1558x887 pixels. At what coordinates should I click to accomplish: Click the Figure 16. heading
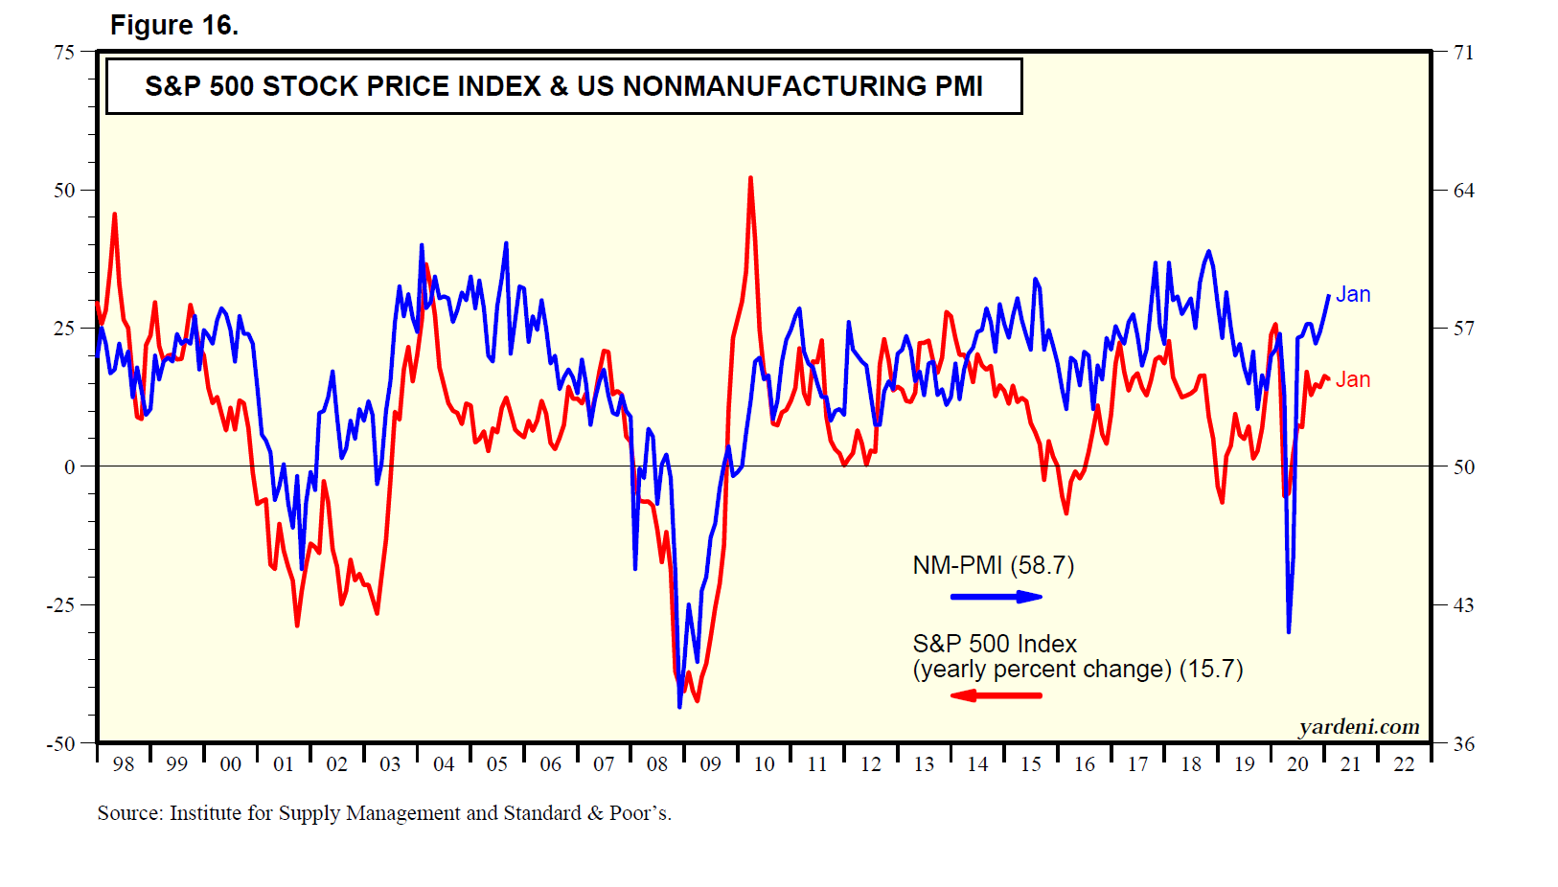[x=173, y=25]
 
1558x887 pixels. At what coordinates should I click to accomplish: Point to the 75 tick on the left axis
[x=64, y=53]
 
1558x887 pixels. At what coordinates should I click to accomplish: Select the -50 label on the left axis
[x=60, y=743]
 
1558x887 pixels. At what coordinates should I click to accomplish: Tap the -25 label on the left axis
[x=60, y=605]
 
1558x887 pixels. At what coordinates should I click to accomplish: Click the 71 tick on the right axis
[x=1463, y=53]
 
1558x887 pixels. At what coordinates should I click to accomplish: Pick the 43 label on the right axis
[x=1463, y=605]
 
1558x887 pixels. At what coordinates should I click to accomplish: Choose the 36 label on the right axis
[x=1463, y=743]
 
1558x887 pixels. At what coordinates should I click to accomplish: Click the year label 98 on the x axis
[x=124, y=764]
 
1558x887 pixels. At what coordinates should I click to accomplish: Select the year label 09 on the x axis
[x=710, y=764]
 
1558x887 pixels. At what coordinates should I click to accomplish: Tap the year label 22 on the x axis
[x=1404, y=764]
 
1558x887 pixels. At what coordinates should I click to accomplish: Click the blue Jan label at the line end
[x=1353, y=295]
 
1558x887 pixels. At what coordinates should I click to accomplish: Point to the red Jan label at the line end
[x=1353, y=380]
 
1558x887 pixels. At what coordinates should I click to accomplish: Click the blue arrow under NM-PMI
[x=996, y=597]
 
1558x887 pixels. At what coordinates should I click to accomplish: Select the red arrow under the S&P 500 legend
[x=996, y=695]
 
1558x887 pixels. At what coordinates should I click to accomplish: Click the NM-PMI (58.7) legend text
[x=993, y=565]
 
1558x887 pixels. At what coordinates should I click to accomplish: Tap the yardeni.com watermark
[x=1359, y=727]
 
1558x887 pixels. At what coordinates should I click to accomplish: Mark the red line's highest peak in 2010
[x=750, y=178]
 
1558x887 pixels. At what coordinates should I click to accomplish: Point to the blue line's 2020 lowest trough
[x=1289, y=631]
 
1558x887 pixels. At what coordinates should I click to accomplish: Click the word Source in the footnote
[x=128, y=813]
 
